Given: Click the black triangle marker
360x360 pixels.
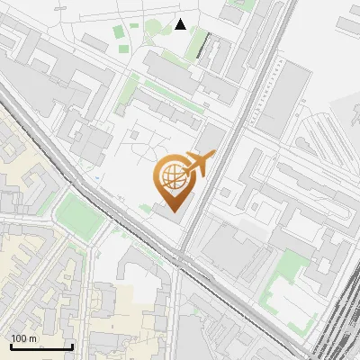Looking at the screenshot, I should click(x=181, y=24).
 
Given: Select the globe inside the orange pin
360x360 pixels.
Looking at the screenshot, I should click(x=171, y=177).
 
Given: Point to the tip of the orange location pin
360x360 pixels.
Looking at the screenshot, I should click(x=171, y=212).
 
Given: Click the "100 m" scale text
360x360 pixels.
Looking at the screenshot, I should click(x=24, y=338).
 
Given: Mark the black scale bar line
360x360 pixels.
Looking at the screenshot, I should click(x=41, y=346).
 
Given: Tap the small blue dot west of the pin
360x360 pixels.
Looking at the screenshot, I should click(x=96, y=178).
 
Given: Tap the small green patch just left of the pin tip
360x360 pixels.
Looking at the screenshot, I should click(x=146, y=209).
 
